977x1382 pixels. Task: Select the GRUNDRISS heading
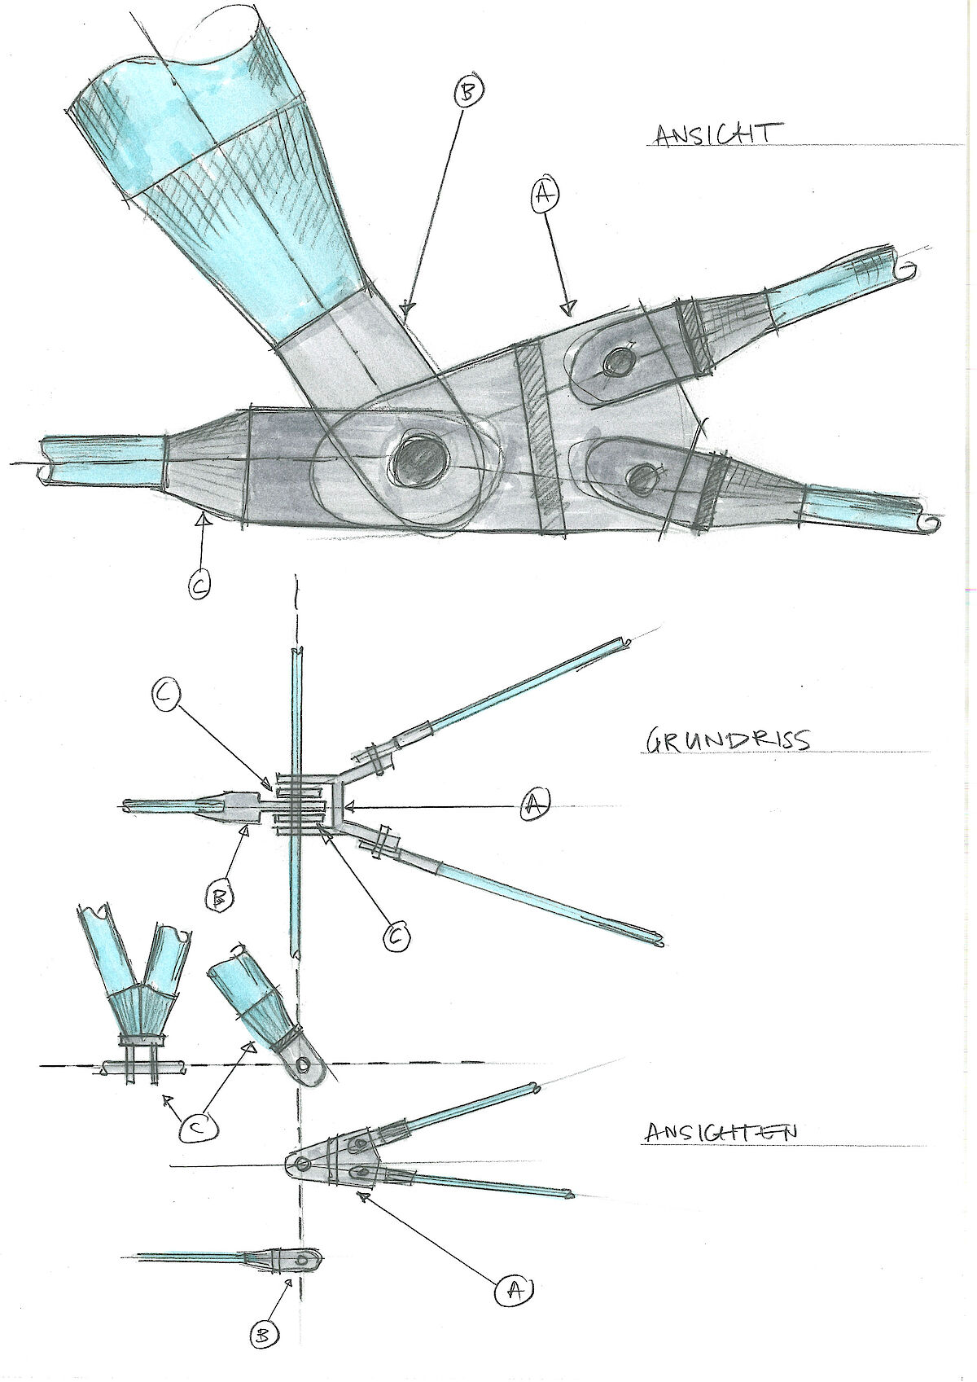728,740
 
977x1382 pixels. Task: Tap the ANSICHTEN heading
721,1132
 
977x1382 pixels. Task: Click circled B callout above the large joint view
467,93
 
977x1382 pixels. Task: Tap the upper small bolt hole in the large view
620,361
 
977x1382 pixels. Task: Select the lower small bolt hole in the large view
643,478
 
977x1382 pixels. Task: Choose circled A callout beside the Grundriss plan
534,805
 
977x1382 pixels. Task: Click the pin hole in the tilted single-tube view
305,1064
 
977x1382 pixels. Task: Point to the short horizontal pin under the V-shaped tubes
142,1065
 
